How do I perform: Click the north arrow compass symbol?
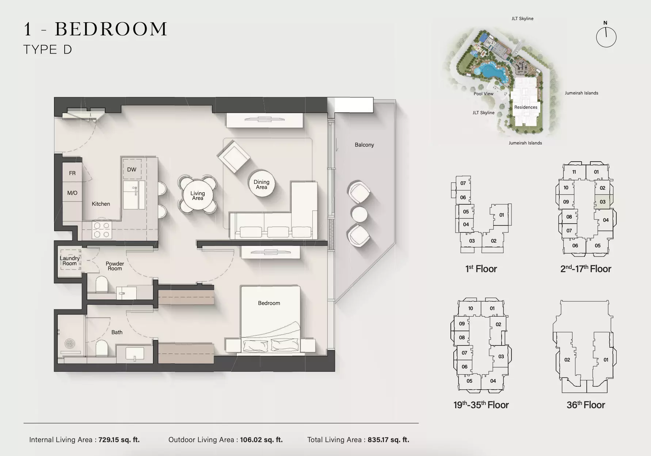[x=606, y=37]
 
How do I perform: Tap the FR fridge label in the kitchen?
[x=72, y=173]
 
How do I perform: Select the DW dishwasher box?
[x=132, y=169]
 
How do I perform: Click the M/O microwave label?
[x=72, y=193]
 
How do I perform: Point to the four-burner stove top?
[x=102, y=230]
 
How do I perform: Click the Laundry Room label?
[x=70, y=261]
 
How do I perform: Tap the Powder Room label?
[x=115, y=266]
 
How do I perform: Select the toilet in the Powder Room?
[x=102, y=285]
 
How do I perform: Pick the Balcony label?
[x=364, y=145]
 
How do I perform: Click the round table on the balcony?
[x=359, y=215]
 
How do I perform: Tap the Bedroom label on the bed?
[x=269, y=303]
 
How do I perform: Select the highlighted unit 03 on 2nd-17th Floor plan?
[x=603, y=202]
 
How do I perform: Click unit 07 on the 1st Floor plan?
[x=463, y=183]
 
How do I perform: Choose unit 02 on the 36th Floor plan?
[x=567, y=360]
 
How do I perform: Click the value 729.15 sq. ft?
[x=119, y=440]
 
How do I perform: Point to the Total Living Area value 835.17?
[x=388, y=440]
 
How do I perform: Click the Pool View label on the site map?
[x=483, y=94]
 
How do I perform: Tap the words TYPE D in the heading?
[x=47, y=50]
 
